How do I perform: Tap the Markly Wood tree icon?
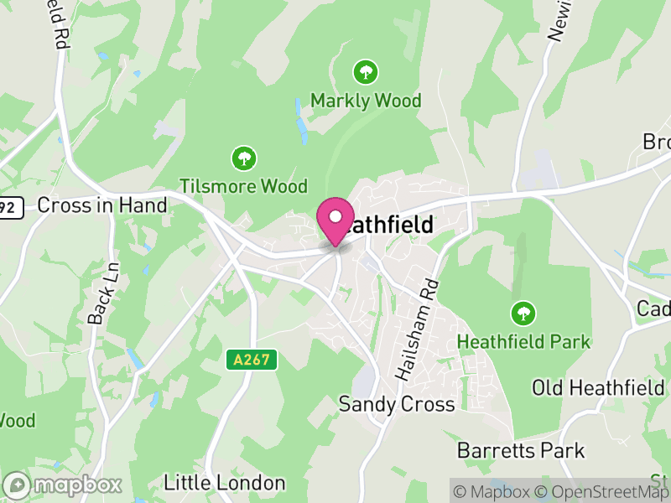coord(365,72)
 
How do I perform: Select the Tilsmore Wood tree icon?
coord(244,157)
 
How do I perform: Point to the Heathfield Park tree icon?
coord(523,314)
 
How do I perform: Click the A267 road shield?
coord(252,360)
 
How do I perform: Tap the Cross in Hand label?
coord(102,205)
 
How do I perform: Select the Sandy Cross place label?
coord(397,404)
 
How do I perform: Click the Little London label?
coord(224,483)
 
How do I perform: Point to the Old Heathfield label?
coord(598,387)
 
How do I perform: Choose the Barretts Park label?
coord(521,450)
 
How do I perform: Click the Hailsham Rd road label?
coord(416,328)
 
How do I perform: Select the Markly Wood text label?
coord(366,101)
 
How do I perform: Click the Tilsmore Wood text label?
coord(244,185)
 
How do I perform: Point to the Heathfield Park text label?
coord(523,342)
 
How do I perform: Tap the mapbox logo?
coord(64,485)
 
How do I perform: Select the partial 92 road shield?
coord(10,206)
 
